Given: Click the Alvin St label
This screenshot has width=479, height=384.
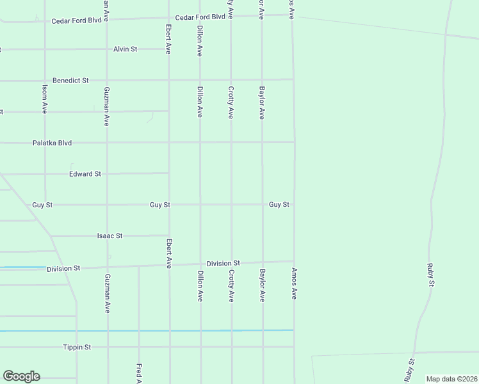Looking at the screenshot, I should click(x=126, y=49).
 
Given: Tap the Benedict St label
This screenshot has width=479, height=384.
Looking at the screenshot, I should click(x=70, y=81).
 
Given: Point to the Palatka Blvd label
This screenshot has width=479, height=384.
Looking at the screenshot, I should click(x=52, y=143).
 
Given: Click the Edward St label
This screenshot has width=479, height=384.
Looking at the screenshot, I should click(x=85, y=173).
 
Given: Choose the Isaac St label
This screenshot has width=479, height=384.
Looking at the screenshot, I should click(x=110, y=236).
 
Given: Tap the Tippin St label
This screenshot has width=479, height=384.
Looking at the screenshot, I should click(x=77, y=347).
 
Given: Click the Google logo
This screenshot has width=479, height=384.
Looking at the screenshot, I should click(x=21, y=376).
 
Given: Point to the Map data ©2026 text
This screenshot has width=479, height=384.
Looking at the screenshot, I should click(x=451, y=379).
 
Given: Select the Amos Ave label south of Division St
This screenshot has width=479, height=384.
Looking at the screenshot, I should click(x=295, y=284).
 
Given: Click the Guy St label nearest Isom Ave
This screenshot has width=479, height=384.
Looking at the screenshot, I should click(x=42, y=205).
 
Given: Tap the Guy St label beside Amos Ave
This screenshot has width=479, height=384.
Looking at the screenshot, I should click(x=279, y=205).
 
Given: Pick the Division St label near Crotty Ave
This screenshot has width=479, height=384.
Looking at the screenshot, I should click(x=223, y=263).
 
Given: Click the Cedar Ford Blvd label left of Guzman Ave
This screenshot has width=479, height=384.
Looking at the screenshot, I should click(x=77, y=20).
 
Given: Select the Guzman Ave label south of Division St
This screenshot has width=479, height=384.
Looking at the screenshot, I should click(x=107, y=293).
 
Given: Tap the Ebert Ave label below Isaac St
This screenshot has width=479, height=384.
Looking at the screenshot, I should click(x=169, y=253).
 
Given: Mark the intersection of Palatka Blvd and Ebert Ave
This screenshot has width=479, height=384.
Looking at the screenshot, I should click(x=169, y=143).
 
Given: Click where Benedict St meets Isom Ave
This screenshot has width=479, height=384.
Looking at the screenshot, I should click(x=45, y=81).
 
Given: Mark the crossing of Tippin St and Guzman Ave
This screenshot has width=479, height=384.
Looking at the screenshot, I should click(x=107, y=347).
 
